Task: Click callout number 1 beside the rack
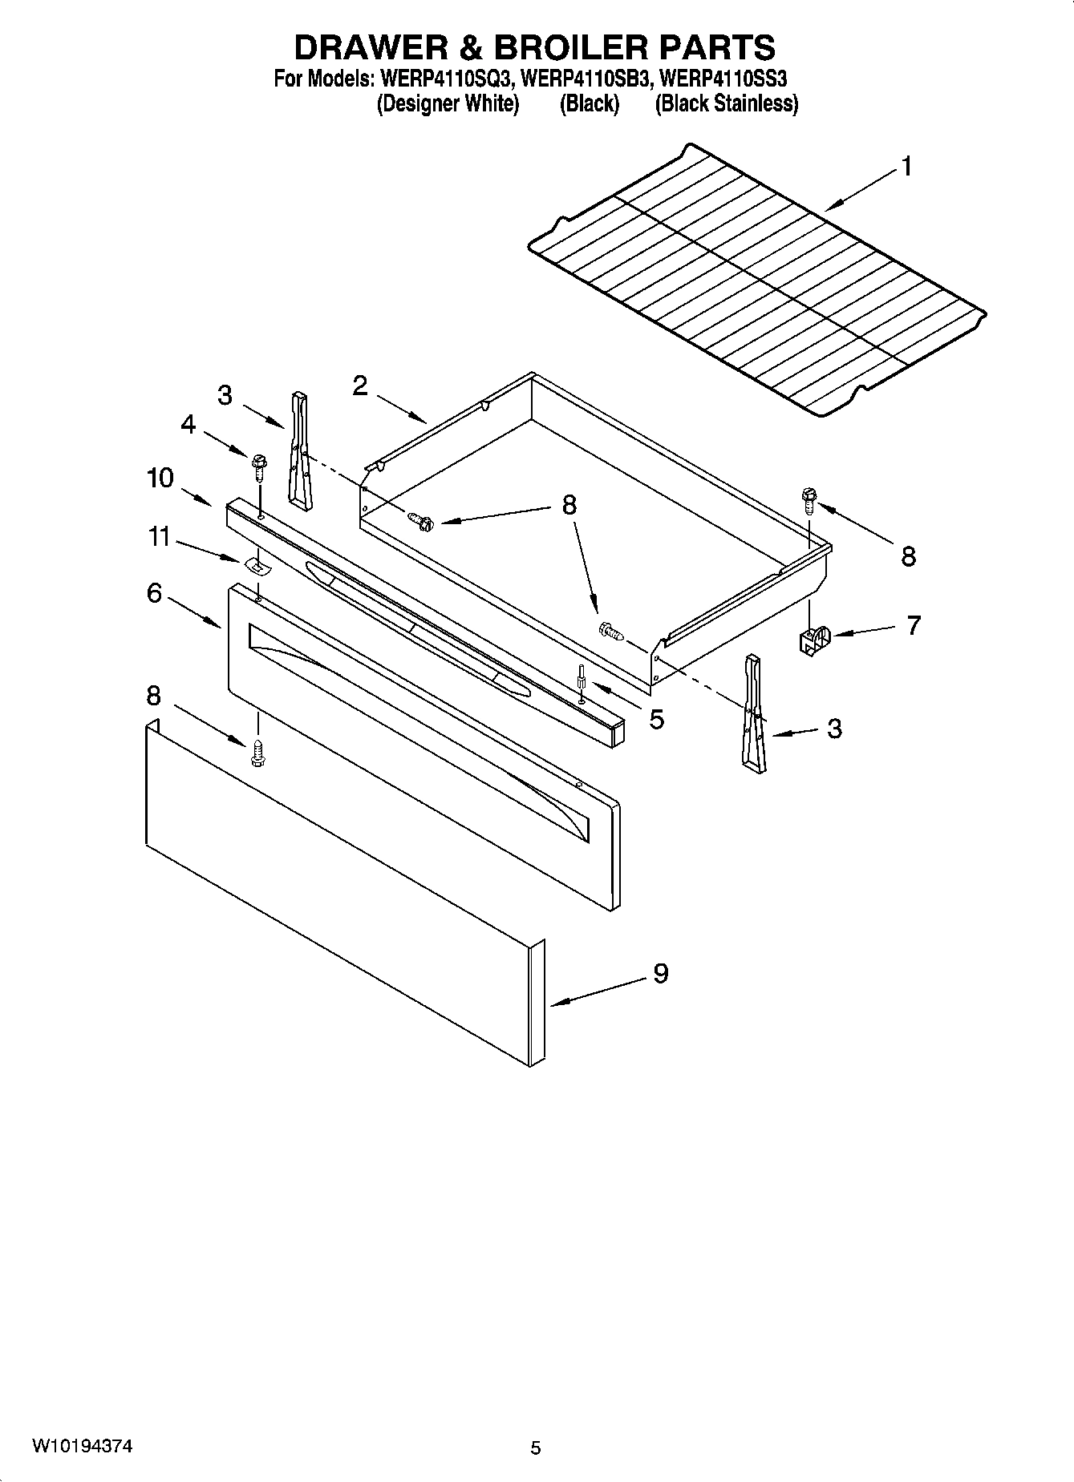point(906,167)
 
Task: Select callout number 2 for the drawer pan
point(360,386)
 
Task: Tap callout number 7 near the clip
point(913,625)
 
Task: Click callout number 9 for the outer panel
point(660,973)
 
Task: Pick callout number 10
point(160,478)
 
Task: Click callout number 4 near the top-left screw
point(188,424)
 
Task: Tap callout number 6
point(154,593)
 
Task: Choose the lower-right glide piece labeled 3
point(754,714)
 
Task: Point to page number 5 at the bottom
point(536,1448)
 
